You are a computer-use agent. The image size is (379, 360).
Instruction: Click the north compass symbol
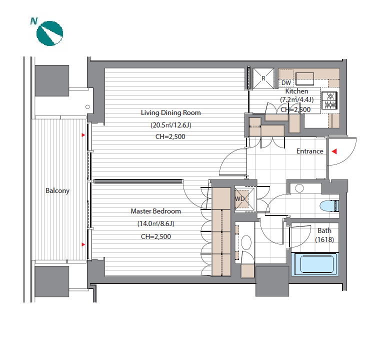[49, 33]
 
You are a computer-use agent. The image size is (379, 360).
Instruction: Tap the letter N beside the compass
[34, 21]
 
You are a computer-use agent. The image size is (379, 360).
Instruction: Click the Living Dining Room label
[170, 112]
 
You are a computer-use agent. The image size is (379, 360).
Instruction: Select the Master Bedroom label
[155, 211]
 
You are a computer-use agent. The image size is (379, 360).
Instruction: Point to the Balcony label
[57, 191]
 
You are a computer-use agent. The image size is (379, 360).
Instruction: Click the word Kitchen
[296, 91]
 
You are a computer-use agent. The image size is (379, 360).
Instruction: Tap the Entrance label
[309, 151]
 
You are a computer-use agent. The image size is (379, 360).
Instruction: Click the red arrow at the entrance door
[334, 151]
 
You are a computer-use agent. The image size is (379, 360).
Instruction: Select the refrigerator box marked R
[263, 78]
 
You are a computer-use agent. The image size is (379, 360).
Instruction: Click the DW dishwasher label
[286, 82]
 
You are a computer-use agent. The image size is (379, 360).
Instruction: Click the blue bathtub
[314, 264]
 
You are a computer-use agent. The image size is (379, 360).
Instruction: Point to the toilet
[329, 206]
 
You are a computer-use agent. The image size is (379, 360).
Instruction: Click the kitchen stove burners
[329, 100]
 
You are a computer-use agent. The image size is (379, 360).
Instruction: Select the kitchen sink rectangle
[305, 78]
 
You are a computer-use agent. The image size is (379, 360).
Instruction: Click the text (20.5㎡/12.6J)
[170, 125]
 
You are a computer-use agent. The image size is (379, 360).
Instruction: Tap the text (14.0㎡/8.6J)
[155, 223]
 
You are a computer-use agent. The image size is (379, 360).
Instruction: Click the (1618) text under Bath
[324, 239]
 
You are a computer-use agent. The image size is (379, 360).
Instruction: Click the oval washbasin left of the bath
[246, 242]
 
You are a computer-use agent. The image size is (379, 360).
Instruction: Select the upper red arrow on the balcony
[83, 135]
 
